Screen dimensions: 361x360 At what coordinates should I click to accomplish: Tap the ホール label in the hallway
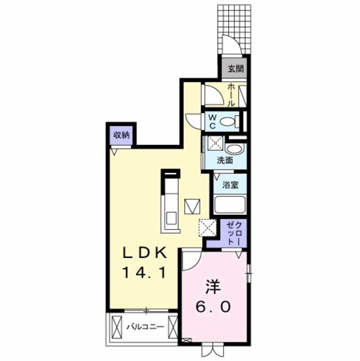click(232, 95)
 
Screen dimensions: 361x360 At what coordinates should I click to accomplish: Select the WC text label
click(212, 120)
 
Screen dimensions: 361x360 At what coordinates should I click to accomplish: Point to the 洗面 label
click(225, 160)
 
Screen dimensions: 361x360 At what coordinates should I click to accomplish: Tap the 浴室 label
click(229, 184)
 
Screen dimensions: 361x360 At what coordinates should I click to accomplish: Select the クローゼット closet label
click(233, 233)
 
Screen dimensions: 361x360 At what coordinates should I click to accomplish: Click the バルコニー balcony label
click(145, 327)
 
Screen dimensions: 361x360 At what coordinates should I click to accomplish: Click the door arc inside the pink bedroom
click(190, 261)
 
